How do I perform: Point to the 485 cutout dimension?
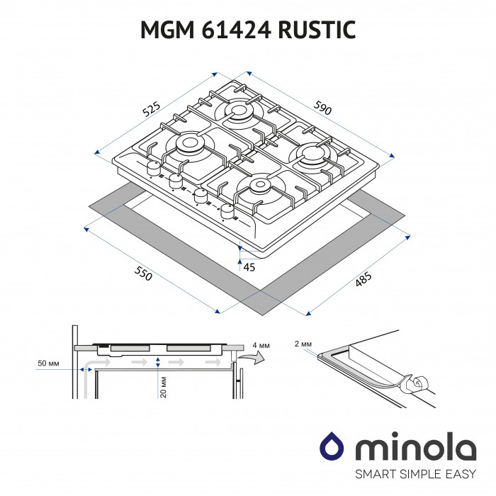[363, 280]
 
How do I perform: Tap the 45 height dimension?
[249, 267]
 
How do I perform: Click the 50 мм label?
[49, 364]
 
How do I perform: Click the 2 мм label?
[303, 343]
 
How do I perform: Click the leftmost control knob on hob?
[152, 169]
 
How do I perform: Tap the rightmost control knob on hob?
[227, 210]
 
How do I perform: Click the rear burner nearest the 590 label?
[240, 111]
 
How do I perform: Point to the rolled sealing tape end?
[418, 385]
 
